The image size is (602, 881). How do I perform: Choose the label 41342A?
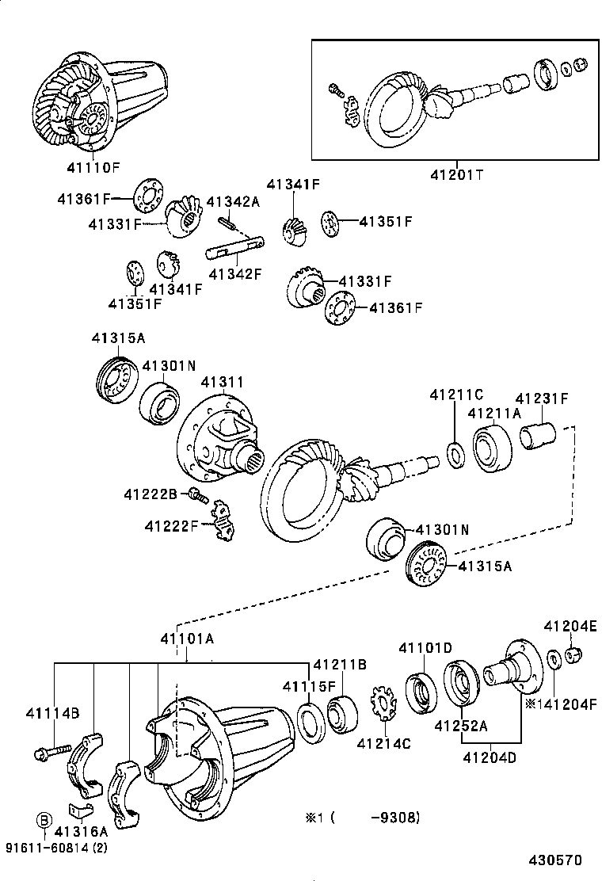tap(233, 202)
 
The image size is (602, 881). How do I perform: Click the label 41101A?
tap(187, 639)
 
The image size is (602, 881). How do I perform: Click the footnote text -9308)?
tap(394, 817)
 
